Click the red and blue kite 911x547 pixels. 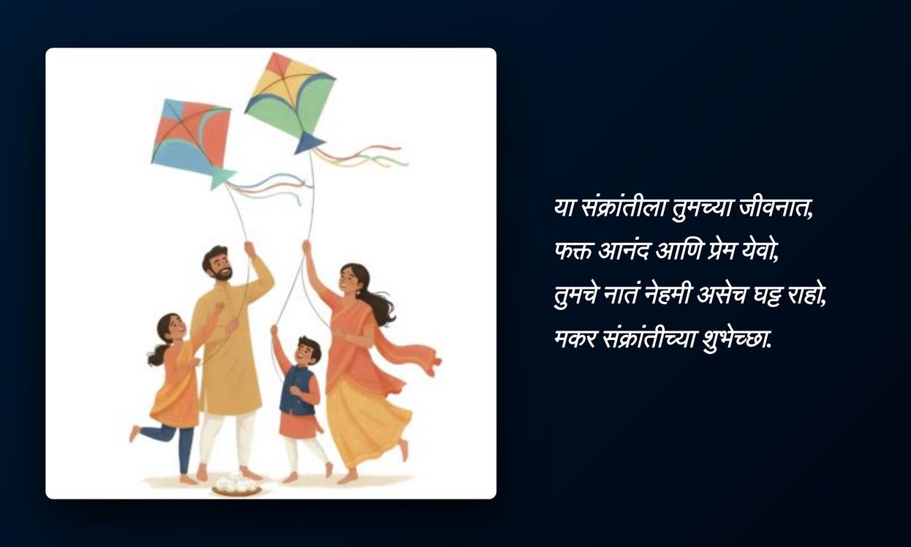tap(190, 138)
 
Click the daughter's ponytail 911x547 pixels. tap(156, 355)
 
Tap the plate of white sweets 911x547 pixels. tap(237, 485)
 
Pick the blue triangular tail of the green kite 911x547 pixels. tap(309, 143)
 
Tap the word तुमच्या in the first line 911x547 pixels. tap(703, 208)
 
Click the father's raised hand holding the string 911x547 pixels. tap(249, 249)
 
